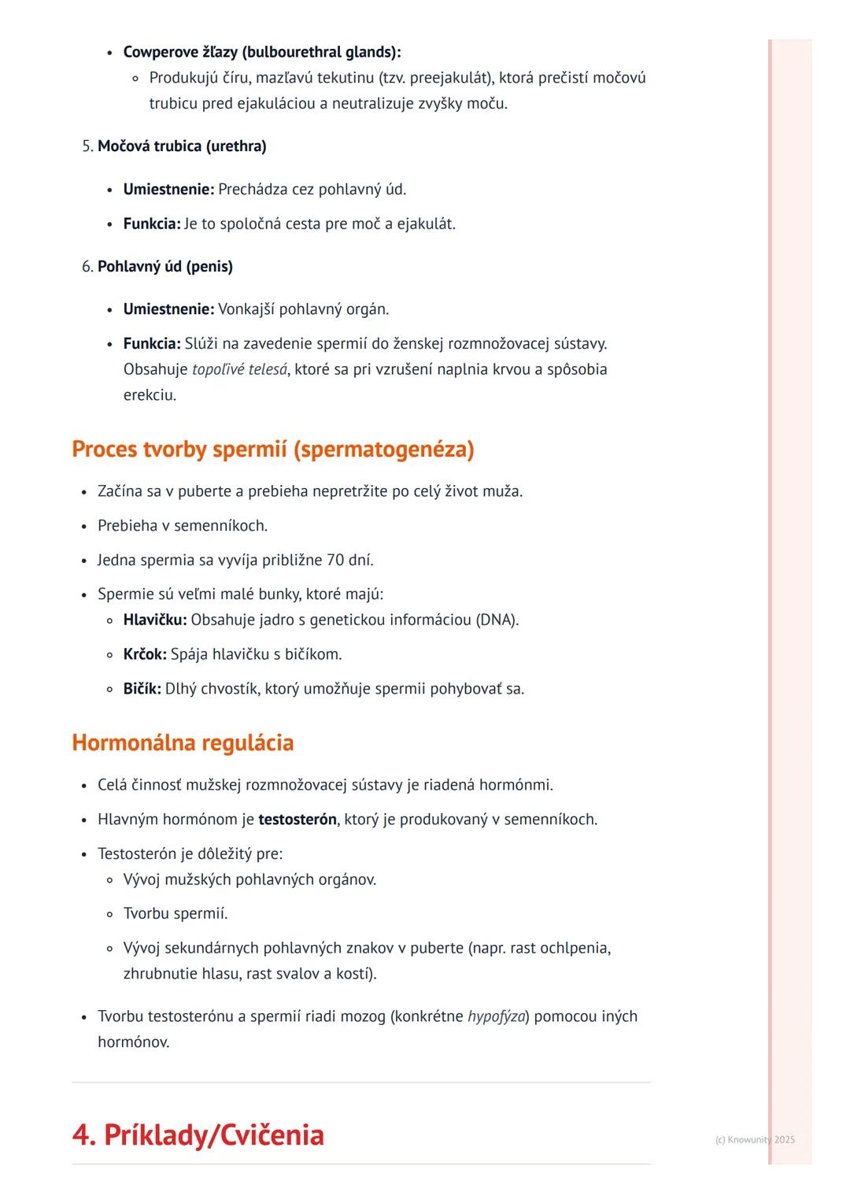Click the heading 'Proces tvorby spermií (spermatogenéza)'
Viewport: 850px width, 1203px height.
click(x=272, y=450)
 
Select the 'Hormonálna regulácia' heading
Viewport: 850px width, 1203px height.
click(x=183, y=742)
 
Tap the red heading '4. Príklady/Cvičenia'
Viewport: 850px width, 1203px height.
click(x=198, y=1135)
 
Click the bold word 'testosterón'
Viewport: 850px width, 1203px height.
click(x=297, y=820)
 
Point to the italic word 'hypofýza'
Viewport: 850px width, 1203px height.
click(x=496, y=1016)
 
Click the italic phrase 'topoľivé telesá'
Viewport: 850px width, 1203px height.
click(x=239, y=369)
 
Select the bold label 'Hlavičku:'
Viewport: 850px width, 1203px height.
click(x=155, y=620)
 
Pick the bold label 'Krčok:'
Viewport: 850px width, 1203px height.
click(x=145, y=654)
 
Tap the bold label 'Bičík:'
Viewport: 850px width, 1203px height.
click(x=142, y=689)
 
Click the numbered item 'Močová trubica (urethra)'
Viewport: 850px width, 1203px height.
click(x=182, y=146)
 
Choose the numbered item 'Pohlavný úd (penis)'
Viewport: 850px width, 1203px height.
click(x=165, y=267)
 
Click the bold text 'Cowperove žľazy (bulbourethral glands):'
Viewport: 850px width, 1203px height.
click(x=262, y=53)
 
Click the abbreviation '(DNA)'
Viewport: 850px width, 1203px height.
click(x=497, y=620)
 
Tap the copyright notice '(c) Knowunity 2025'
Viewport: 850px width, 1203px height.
click(x=755, y=1139)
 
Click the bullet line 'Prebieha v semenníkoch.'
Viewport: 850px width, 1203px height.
click(x=183, y=526)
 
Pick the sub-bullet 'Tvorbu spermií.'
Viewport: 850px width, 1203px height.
click(x=176, y=914)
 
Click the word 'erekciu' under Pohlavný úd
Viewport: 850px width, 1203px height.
click(x=148, y=395)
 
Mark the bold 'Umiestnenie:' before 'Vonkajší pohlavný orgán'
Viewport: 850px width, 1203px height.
click(x=168, y=309)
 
